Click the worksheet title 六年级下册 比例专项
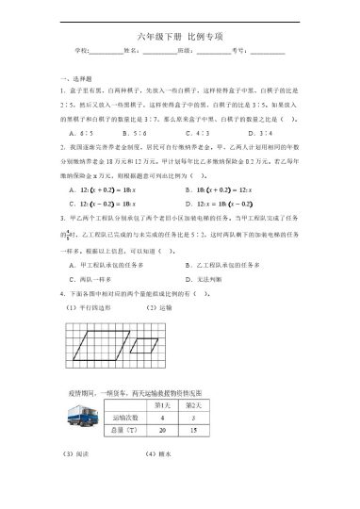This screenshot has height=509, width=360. [180, 35]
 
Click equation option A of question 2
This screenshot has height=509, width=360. [104, 190]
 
